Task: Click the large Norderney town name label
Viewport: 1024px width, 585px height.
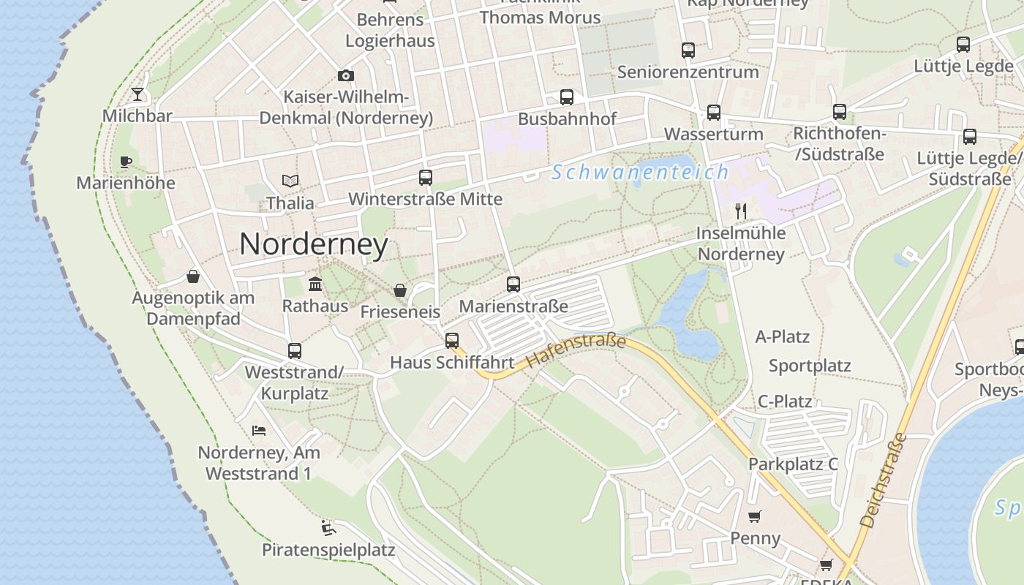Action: (x=313, y=244)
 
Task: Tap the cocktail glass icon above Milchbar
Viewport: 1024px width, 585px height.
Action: (x=138, y=94)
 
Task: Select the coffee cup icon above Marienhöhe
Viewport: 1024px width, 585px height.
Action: (x=126, y=162)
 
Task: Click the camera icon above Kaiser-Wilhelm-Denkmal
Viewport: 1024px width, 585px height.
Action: (x=346, y=75)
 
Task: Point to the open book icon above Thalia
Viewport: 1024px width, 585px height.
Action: (x=290, y=181)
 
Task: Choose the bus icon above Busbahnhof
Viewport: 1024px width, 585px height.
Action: (x=567, y=97)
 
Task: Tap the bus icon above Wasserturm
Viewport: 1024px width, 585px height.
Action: (x=713, y=113)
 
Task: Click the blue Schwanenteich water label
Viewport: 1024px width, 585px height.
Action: (x=640, y=173)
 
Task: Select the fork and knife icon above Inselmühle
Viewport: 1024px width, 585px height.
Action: (x=741, y=211)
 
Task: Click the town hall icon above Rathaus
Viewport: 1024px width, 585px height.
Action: (x=315, y=284)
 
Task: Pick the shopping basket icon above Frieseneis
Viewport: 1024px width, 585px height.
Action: (x=400, y=290)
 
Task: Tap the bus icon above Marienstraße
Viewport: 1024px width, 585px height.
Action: (x=513, y=284)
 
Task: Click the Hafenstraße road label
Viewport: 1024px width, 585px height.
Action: (x=576, y=351)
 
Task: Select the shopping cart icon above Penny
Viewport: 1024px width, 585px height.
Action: (x=755, y=516)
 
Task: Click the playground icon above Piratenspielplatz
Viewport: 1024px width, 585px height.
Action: (x=328, y=527)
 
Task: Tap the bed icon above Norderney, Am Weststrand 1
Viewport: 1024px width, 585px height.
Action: (x=258, y=430)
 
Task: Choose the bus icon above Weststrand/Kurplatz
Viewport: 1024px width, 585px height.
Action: (x=295, y=350)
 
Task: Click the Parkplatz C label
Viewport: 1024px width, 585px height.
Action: (x=793, y=464)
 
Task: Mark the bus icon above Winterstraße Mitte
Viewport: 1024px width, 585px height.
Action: (x=426, y=177)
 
